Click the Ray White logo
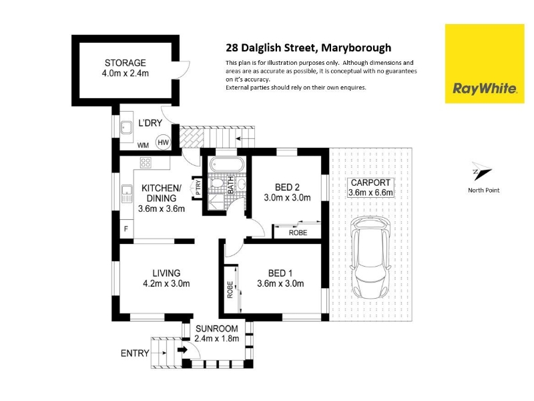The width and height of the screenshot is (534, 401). tap(485, 63)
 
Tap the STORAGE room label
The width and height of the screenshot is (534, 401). tap(125, 63)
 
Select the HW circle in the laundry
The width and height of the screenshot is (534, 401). tap(163, 142)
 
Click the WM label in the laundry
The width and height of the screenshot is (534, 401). tap(143, 145)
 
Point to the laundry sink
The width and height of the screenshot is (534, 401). tap(127, 128)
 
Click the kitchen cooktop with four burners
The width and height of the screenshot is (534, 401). tap(146, 162)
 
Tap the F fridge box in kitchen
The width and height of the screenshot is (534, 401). tap(126, 229)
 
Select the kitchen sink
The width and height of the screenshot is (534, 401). tap(127, 194)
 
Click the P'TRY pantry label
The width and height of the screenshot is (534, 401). tap(198, 187)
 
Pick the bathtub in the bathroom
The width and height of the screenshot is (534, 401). tap(227, 164)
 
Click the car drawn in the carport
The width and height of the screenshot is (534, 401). tap(370, 258)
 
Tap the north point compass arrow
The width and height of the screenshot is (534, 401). tap(481, 170)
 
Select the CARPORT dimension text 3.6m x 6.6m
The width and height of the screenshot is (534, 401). tap(370, 192)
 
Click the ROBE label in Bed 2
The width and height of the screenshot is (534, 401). tap(298, 233)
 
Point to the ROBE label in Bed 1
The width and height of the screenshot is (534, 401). tap(230, 290)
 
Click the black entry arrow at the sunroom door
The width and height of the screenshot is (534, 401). tap(182, 350)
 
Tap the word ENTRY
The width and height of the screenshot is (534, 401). tap(135, 354)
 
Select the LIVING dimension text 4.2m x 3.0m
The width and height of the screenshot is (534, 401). tap(166, 283)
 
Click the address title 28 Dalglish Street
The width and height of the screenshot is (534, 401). tap(272, 47)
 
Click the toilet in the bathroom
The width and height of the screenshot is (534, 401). tap(216, 183)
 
